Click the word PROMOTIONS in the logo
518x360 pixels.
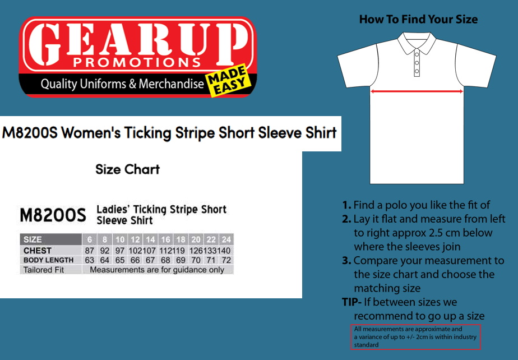[137, 62]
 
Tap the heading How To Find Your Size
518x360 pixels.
[418, 19]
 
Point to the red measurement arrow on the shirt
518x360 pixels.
[417, 91]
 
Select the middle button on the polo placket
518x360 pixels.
[417, 63]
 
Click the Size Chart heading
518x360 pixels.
[127, 169]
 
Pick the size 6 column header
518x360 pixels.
[90, 239]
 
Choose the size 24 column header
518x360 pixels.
[226, 239]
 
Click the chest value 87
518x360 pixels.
[90, 251]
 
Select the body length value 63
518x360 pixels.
[90, 260]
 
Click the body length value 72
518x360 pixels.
[226, 260]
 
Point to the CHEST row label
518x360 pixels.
[38, 251]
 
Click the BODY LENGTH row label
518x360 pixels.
[49, 260]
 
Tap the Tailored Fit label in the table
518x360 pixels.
[44, 270]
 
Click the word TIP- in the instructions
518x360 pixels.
[351, 302]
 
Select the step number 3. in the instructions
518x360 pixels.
[346, 261]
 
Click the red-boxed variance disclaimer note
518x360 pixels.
[415, 337]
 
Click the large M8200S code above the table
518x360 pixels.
[53, 215]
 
